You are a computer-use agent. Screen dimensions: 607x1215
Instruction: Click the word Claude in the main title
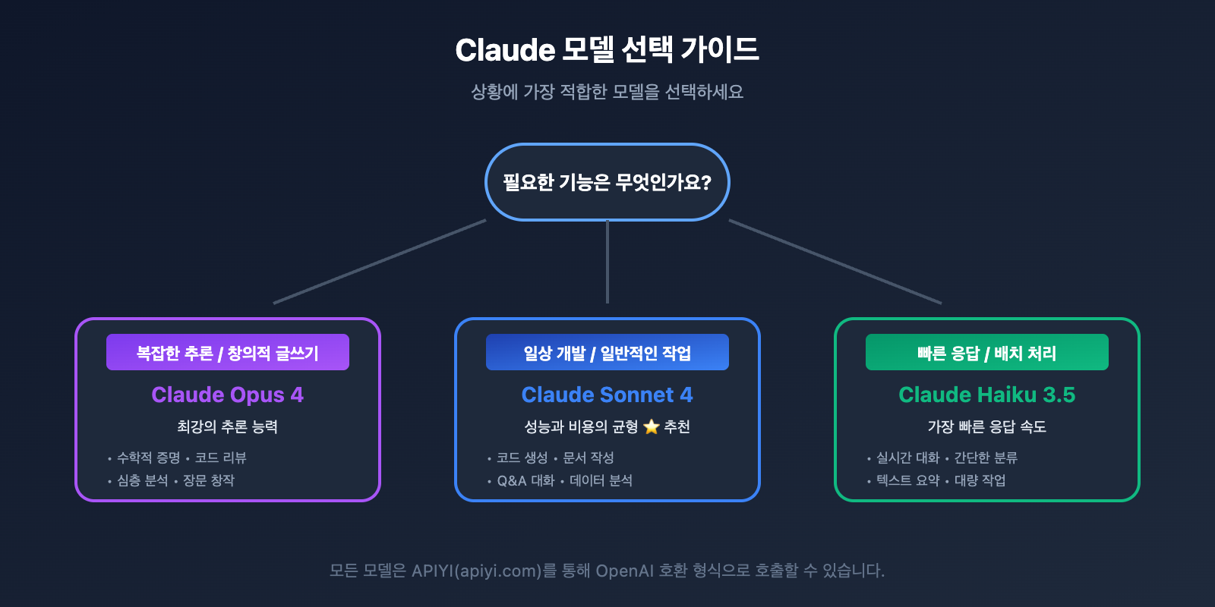coord(505,51)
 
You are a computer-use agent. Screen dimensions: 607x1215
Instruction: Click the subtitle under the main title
coord(607,92)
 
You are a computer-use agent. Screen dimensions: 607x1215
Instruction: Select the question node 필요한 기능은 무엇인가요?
coord(607,182)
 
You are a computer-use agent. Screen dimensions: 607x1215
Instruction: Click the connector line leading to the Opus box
coord(380,262)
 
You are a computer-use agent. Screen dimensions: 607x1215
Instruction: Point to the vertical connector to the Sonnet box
coord(607,262)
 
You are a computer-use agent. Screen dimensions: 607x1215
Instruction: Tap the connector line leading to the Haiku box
coord(835,262)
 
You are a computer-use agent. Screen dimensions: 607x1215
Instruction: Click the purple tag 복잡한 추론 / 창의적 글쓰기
coord(228,353)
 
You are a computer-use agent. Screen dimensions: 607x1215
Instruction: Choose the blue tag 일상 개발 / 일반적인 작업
coord(607,353)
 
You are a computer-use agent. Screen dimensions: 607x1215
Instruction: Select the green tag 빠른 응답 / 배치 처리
coord(987,353)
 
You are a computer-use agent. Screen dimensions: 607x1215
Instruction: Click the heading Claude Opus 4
coord(228,395)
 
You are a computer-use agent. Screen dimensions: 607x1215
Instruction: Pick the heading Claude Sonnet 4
coord(607,395)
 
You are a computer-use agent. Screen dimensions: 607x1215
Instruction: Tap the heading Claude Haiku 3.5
coord(987,395)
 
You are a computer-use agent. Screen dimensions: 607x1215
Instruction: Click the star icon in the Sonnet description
coord(651,426)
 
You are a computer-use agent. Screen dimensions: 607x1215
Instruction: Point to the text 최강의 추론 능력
coord(228,426)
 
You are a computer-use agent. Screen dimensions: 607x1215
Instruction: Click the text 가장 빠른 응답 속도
coord(987,426)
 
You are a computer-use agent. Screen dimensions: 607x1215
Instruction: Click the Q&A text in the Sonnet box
coord(512,480)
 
